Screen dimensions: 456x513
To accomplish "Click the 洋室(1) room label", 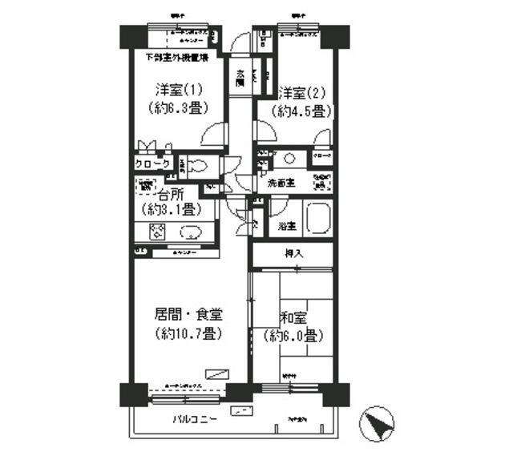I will (172, 90).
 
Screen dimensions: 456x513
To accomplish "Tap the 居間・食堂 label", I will (188, 315).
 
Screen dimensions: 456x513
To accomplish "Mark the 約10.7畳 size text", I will (188, 333).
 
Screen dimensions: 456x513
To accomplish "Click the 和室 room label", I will (294, 318).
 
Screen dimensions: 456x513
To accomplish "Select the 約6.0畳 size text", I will (294, 336).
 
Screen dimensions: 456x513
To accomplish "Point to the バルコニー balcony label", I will (196, 419).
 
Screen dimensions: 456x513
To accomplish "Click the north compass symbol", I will (380, 422).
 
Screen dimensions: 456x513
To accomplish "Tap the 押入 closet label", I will (293, 254).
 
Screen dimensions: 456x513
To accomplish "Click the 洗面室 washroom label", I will (281, 183).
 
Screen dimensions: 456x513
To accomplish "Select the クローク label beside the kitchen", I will (151, 164).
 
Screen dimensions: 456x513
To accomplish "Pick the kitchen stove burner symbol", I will (157, 232).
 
